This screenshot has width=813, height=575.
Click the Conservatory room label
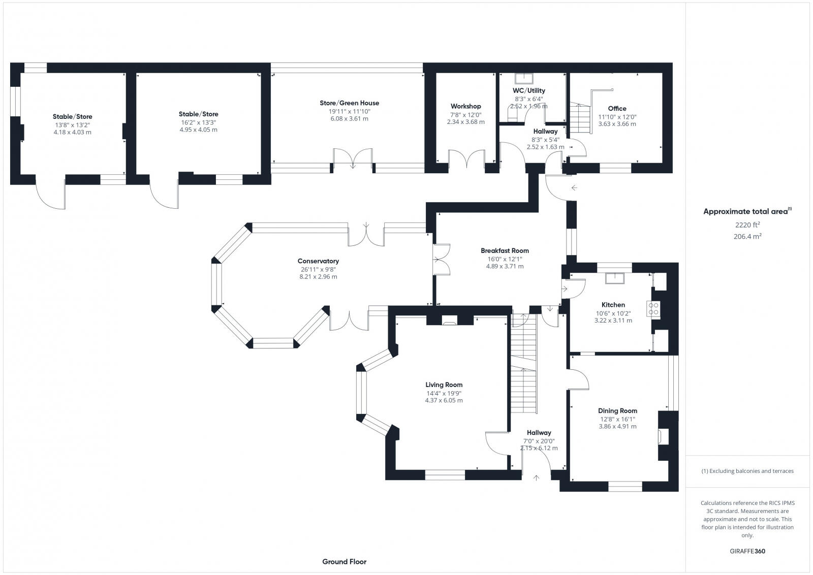(x=318, y=261)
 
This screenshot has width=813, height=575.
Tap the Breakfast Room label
(x=505, y=250)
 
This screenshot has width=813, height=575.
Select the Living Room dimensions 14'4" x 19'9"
(x=444, y=393)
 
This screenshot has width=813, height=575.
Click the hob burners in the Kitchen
(x=654, y=309)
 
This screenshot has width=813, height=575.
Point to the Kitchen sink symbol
(x=615, y=277)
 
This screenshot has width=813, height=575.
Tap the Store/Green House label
(x=349, y=103)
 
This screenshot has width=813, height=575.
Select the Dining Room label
(x=617, y=411)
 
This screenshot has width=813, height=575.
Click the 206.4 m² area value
(x=746, y=236)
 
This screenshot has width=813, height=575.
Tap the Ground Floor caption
(x=344, y=562)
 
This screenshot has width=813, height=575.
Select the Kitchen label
(x=613, y=305)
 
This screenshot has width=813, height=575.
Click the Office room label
(x=617, y=108)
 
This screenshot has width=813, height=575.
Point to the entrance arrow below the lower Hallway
(x=537, y=477)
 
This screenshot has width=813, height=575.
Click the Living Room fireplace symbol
(x=449, y=321)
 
